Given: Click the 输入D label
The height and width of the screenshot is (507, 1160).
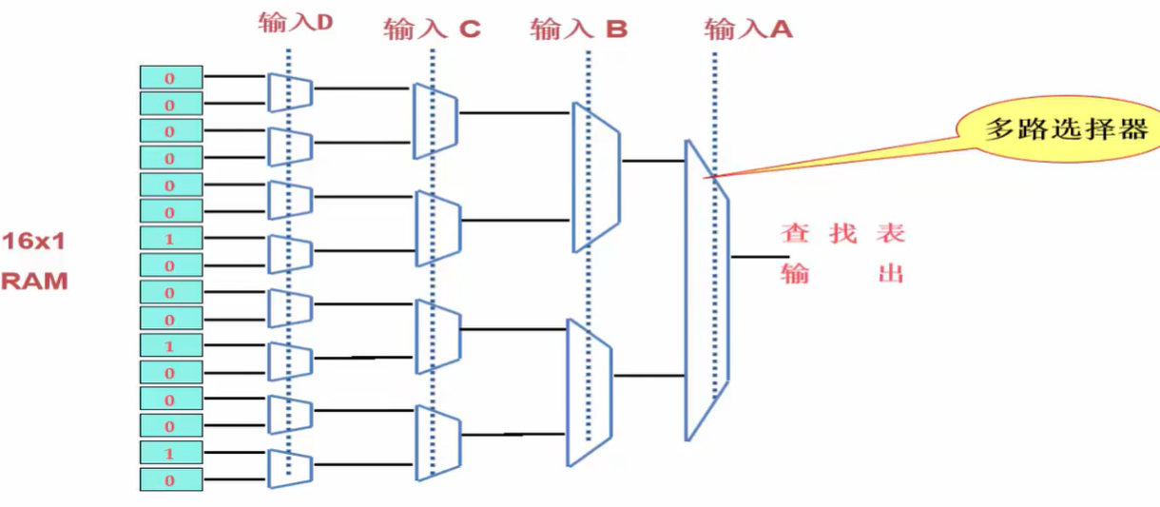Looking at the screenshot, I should (x=295, y=23).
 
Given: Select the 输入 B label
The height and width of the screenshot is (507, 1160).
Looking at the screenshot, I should (x=579, y=29).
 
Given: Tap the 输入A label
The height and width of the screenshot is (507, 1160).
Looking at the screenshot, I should (x=748, y=29).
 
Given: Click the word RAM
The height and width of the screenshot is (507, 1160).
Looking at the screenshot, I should (x=34, y=281).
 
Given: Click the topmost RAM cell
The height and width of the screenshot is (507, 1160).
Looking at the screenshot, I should (x=171, y=78).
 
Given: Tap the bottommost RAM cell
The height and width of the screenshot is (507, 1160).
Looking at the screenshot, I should (x=171, y=479).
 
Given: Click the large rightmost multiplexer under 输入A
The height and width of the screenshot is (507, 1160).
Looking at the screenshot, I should (x=706, y=290).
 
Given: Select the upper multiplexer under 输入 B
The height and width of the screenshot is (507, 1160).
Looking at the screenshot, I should (x=595, y=178).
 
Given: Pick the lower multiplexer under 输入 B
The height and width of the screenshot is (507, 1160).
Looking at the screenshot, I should (x=590, y=392).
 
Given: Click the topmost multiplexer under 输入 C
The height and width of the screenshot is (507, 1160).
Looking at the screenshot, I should (x=436, y=121).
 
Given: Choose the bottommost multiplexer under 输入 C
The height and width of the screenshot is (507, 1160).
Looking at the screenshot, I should (x=437, y=443).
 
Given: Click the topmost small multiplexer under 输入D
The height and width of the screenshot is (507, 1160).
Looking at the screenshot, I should (x=289, y=92).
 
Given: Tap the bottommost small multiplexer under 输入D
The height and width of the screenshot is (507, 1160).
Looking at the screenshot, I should (x=290, y=469).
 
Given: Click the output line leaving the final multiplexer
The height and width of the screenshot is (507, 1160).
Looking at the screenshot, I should (x=759, y=256).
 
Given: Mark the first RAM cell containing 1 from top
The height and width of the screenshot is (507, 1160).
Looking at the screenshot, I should (x=171, y=238).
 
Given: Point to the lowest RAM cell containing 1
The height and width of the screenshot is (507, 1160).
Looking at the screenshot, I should (x=171, y=453).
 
